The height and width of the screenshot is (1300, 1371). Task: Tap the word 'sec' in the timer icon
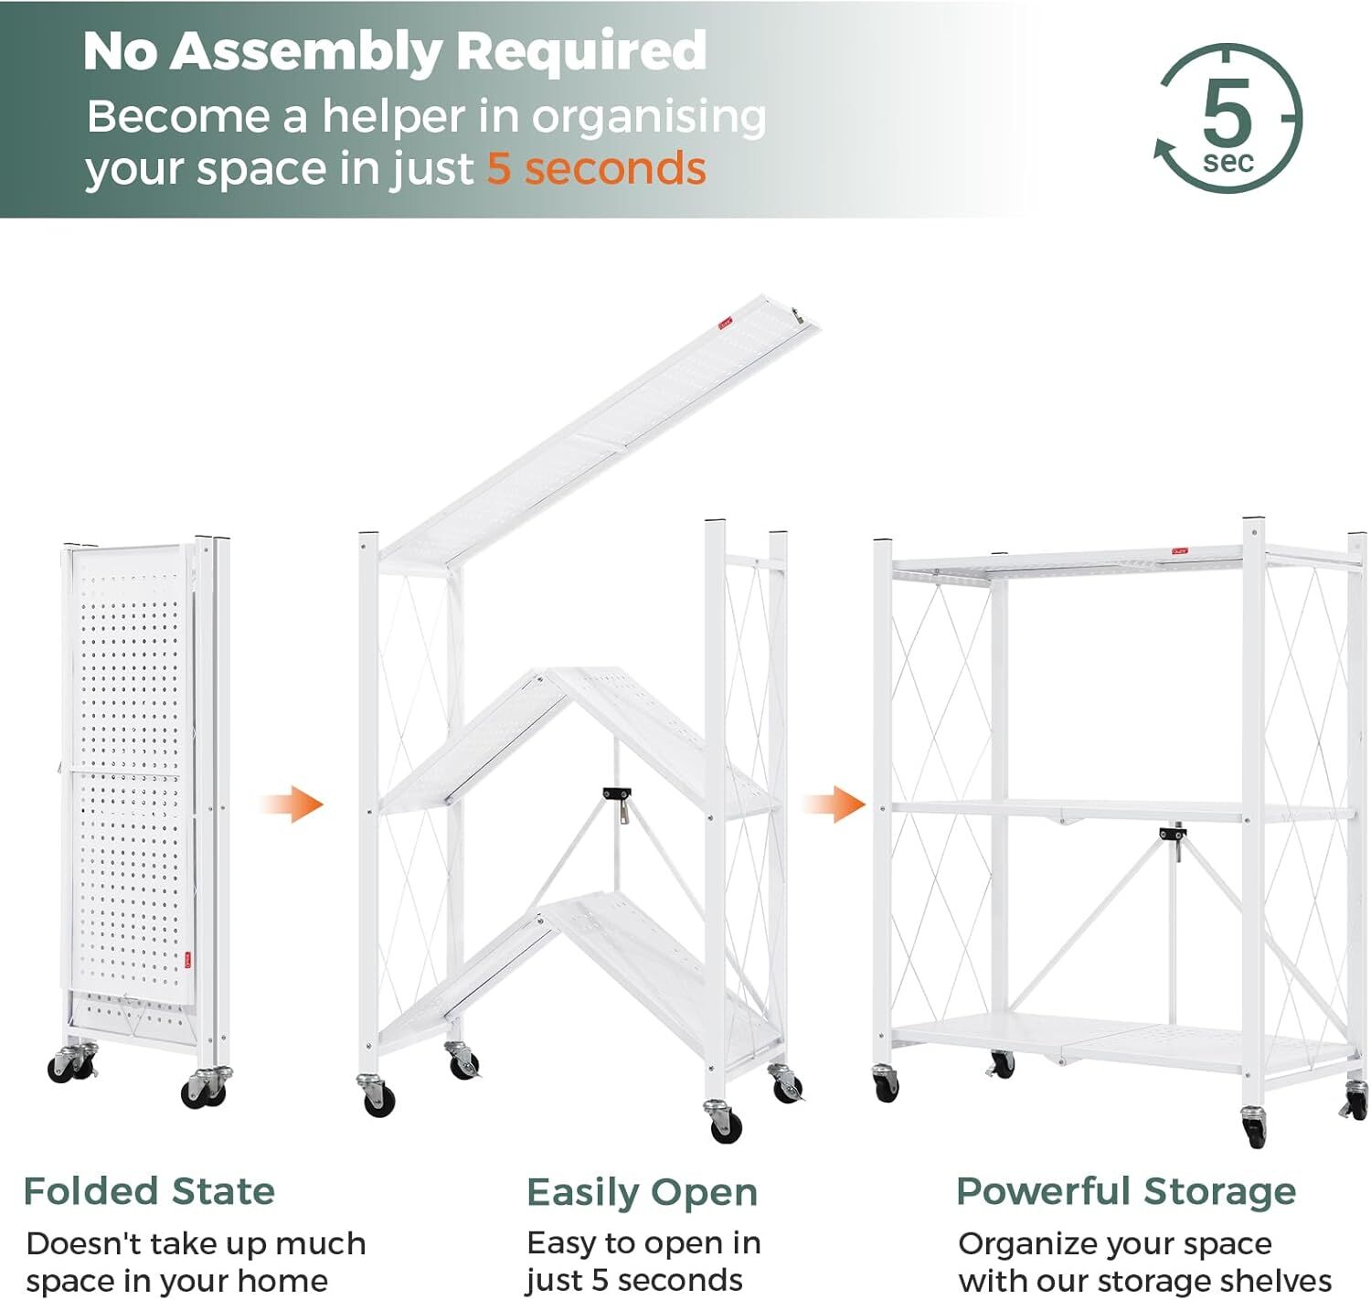click(x=1228, y=162)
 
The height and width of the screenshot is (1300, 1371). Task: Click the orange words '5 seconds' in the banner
click(x=596, y=168)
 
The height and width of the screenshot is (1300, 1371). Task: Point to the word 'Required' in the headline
click(x=581, y=52)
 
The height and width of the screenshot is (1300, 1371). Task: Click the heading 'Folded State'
click(x=149, y=1190)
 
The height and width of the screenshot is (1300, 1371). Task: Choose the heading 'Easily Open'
click(x=642, y=1192)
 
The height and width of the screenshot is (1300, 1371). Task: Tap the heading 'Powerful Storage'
click(x=1125, y=1190)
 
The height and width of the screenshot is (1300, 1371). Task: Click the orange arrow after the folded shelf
click(x=292, y=804)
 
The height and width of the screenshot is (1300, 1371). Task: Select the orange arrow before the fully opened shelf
click(x=834, y=804)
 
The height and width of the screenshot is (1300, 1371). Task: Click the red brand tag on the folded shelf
click(x=187, y=961)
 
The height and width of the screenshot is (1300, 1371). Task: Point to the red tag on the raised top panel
click(x=725, y=324)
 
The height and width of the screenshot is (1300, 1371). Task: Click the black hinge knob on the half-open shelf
click(x=616, y=793)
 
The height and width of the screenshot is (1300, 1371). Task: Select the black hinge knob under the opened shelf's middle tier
click(x=1173, y=833)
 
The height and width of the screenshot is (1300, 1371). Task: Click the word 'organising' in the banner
click(x=649, y=118)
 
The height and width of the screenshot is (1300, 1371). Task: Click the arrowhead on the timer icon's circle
click(x=1163, y=149)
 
